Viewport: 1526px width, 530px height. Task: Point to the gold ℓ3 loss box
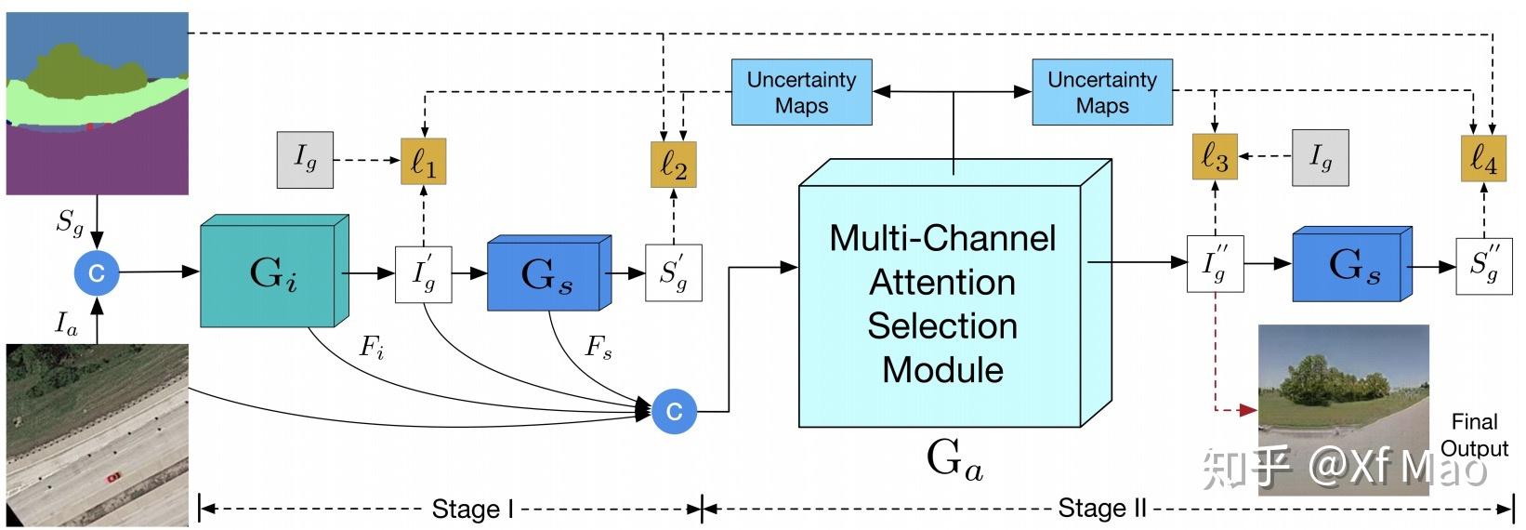[1214, 157]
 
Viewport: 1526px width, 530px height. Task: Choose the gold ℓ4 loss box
[1482, 157]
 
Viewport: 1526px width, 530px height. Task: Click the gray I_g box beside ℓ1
[305, 160]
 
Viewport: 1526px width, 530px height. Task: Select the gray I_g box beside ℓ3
[1320, 157]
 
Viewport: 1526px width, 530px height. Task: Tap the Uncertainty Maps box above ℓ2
[801, 92]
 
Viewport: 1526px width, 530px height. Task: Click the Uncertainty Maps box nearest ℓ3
[1101, 92]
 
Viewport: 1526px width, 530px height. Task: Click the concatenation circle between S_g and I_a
[97, 272]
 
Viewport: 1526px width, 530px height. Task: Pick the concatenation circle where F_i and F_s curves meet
[675, 411]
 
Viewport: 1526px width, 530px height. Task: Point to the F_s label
[599, 348]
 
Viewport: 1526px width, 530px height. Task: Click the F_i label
[372, 348]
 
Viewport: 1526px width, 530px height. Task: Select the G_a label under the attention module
[954, 459]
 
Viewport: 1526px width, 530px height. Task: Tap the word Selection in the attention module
[941, 325]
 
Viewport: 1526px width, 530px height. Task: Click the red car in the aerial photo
[113, 477]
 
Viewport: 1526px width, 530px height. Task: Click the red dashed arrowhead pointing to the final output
[1250, 408]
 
